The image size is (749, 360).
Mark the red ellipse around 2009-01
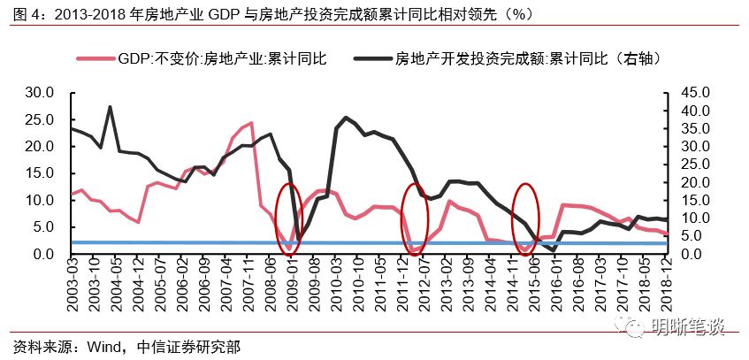(x=287, y=219)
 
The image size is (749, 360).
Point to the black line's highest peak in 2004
(x=110, y=107)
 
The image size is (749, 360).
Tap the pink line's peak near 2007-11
(x=251, y=123)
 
